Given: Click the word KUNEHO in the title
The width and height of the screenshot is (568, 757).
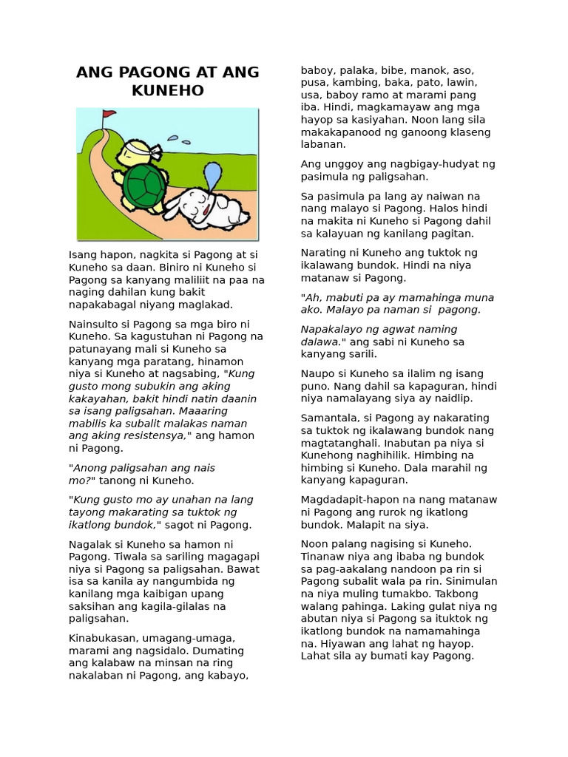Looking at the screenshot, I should pos(168,90).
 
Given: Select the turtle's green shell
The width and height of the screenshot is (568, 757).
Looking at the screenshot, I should pos(144,185).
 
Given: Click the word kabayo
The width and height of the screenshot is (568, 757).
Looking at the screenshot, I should pos(228,675).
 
